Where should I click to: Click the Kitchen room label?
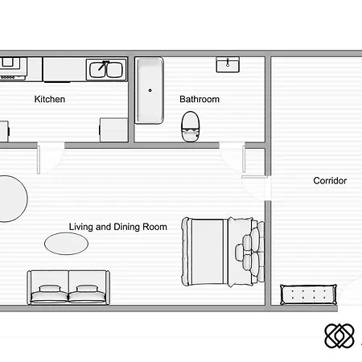(x=49, y=100)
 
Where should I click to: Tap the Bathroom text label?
(x=200, y=100)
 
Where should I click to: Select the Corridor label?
(x=330, y=181)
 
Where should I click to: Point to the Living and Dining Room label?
(x=118, y=227)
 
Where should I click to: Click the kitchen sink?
(x=107, y=69)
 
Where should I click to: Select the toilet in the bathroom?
(x=191, y=125)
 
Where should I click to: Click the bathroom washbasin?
(x=228, y=64)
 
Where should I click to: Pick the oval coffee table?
(x=61, y=242)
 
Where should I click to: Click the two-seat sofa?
(x=68, y=287)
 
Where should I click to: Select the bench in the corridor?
(x=308, y=294)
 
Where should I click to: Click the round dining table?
(x=10, y=199)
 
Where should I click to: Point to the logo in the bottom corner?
(x=339, y=335)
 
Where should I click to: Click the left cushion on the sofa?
(x=51, y=294)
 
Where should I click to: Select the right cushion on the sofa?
(x=88, y=294)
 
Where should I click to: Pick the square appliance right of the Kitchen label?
(x=112, y=129)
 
